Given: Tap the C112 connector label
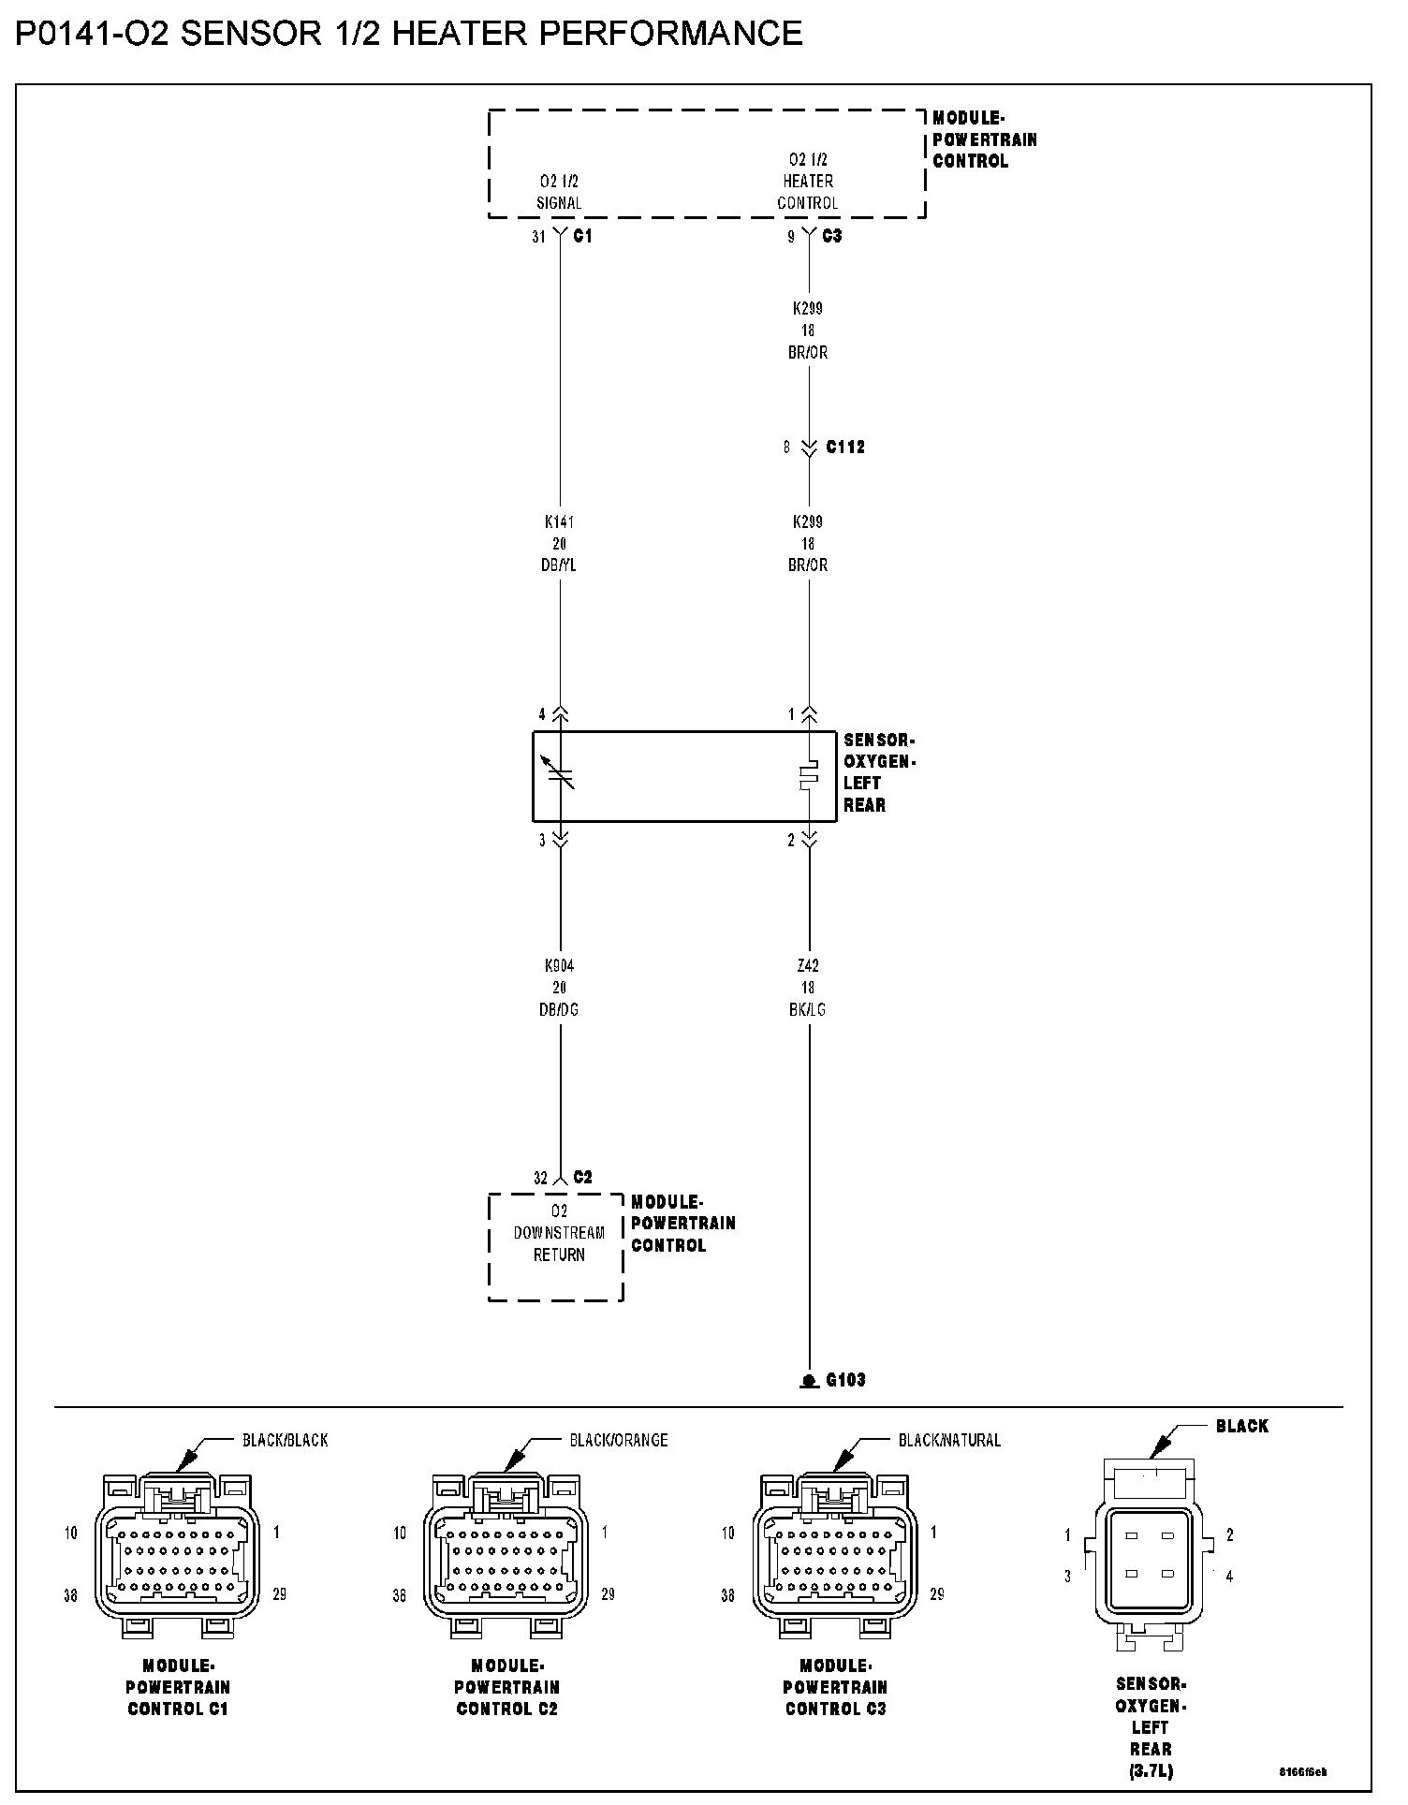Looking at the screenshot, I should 844,448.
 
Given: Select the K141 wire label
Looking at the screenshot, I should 559,522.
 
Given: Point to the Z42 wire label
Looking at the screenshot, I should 808,966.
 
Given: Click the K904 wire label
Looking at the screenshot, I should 559,966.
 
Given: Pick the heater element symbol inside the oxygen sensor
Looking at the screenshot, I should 809,775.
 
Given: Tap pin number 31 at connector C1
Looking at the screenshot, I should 538,238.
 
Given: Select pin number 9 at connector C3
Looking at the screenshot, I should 791,238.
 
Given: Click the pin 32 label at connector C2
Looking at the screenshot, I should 540,1179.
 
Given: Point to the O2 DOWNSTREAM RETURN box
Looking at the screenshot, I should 556,1246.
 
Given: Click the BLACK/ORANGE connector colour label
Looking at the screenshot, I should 619,1440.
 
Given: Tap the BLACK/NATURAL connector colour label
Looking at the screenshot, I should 949,1440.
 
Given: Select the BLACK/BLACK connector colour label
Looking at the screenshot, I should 286,1440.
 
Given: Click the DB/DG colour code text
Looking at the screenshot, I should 559,1010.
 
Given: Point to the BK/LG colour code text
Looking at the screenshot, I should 808,1010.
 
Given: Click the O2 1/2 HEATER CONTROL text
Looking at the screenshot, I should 808,182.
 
